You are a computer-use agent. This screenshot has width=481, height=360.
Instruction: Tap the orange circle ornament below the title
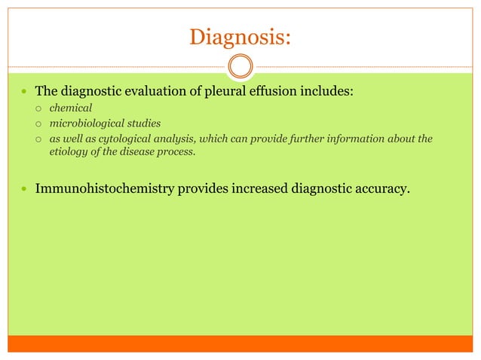click(x=240, y=66)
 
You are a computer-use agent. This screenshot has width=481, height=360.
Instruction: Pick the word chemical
click(x=71, y=108)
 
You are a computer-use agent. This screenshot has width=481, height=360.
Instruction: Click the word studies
click(x=143, y=124)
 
